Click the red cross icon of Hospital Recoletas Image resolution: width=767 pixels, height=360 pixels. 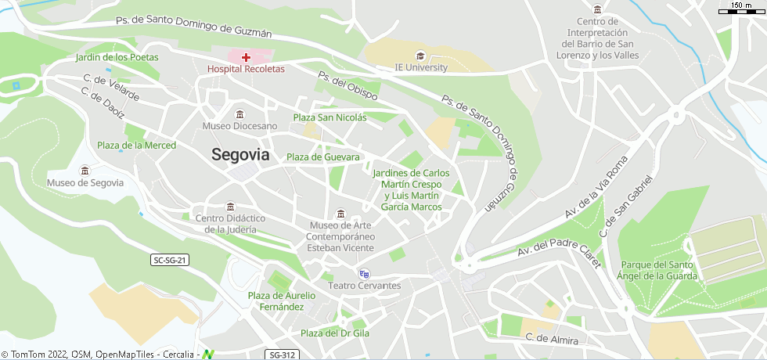246,57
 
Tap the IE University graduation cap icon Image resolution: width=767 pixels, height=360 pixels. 420,56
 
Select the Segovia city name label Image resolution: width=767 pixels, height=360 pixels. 240,155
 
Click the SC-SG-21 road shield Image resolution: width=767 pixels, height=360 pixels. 171,260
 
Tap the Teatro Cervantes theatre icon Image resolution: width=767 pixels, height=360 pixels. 364,273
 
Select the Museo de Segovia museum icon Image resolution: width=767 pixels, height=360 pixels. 85,171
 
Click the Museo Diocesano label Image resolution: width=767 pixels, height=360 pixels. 239,126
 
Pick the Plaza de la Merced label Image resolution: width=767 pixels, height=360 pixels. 136,146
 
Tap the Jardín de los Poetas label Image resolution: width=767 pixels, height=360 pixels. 117,57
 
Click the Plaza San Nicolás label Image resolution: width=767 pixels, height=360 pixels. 329,117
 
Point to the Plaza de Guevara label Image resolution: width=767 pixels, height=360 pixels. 322,157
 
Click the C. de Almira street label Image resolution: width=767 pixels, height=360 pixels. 552,340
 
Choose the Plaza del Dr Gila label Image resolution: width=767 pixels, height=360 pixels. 335,333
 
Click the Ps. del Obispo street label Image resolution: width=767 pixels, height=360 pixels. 347,85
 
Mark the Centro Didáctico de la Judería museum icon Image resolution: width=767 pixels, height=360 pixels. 230,207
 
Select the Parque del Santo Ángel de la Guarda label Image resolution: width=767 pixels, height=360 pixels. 657,270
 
